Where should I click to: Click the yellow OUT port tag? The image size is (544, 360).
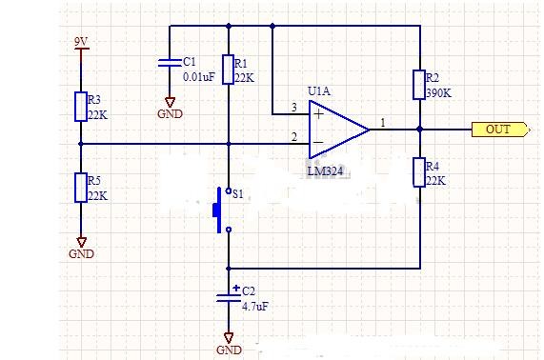[x=500, y=130]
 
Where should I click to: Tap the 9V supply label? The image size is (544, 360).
[x=81, y=42]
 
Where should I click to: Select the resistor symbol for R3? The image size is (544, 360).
[x=81, y=107]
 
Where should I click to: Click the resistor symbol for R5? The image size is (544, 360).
[x=81, y=188]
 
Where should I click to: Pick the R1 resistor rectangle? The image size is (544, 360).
[x=228, y=70]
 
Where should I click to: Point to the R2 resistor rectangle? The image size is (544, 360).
[x=419, y=85]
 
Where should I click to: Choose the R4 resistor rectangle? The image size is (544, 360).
[x=419, y=172]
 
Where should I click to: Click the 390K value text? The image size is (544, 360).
[x=439, y=93]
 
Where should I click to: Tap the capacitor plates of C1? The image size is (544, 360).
[x=170, y=63]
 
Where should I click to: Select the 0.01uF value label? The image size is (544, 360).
[x=199, y=76]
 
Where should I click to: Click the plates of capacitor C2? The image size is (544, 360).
[x=229, y=298]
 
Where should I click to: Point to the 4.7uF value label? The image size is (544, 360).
[x=255, y=307]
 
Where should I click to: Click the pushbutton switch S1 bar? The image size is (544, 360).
[x=217, y=210]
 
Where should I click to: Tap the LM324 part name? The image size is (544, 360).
[x=325, y=171]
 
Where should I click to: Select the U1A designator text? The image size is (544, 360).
[x=319, y=91]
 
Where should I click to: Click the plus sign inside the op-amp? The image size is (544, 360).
[x=318, y=113]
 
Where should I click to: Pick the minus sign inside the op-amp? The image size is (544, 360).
[x=318, y=142]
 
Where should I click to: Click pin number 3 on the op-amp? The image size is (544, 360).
[x=294, y=108]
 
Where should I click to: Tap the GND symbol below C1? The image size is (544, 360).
[x=170, y=103]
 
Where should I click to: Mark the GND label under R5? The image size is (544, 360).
[x=82, y=254]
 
